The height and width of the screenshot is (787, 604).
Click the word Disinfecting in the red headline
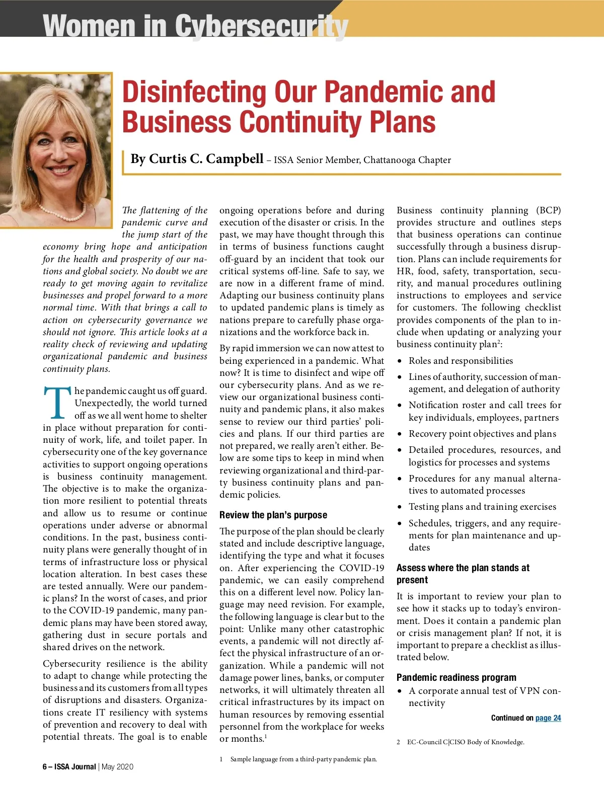click(x=194, y=92)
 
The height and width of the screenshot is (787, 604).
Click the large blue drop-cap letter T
click(x=57, y=403)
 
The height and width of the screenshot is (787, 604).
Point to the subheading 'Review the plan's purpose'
click(x=273, y=515)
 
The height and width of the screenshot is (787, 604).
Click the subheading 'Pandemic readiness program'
click(x=456, y=677)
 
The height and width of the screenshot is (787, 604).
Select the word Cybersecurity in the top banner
click(x=261, y=26)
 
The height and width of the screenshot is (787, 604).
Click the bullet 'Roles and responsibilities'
click(x=461, y=361)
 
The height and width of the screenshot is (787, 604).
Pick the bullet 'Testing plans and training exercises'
click(x=482, y=507)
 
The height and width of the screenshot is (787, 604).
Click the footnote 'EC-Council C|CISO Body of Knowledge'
click(x=465, y=742)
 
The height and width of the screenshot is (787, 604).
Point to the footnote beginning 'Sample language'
click(x=303, y=759)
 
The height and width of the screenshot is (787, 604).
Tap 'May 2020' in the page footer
click(x=118, y=767)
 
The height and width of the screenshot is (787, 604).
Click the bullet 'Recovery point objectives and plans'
click(x=482, y=434)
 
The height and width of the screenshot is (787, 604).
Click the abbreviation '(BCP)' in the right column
click(x=548, y=210)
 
